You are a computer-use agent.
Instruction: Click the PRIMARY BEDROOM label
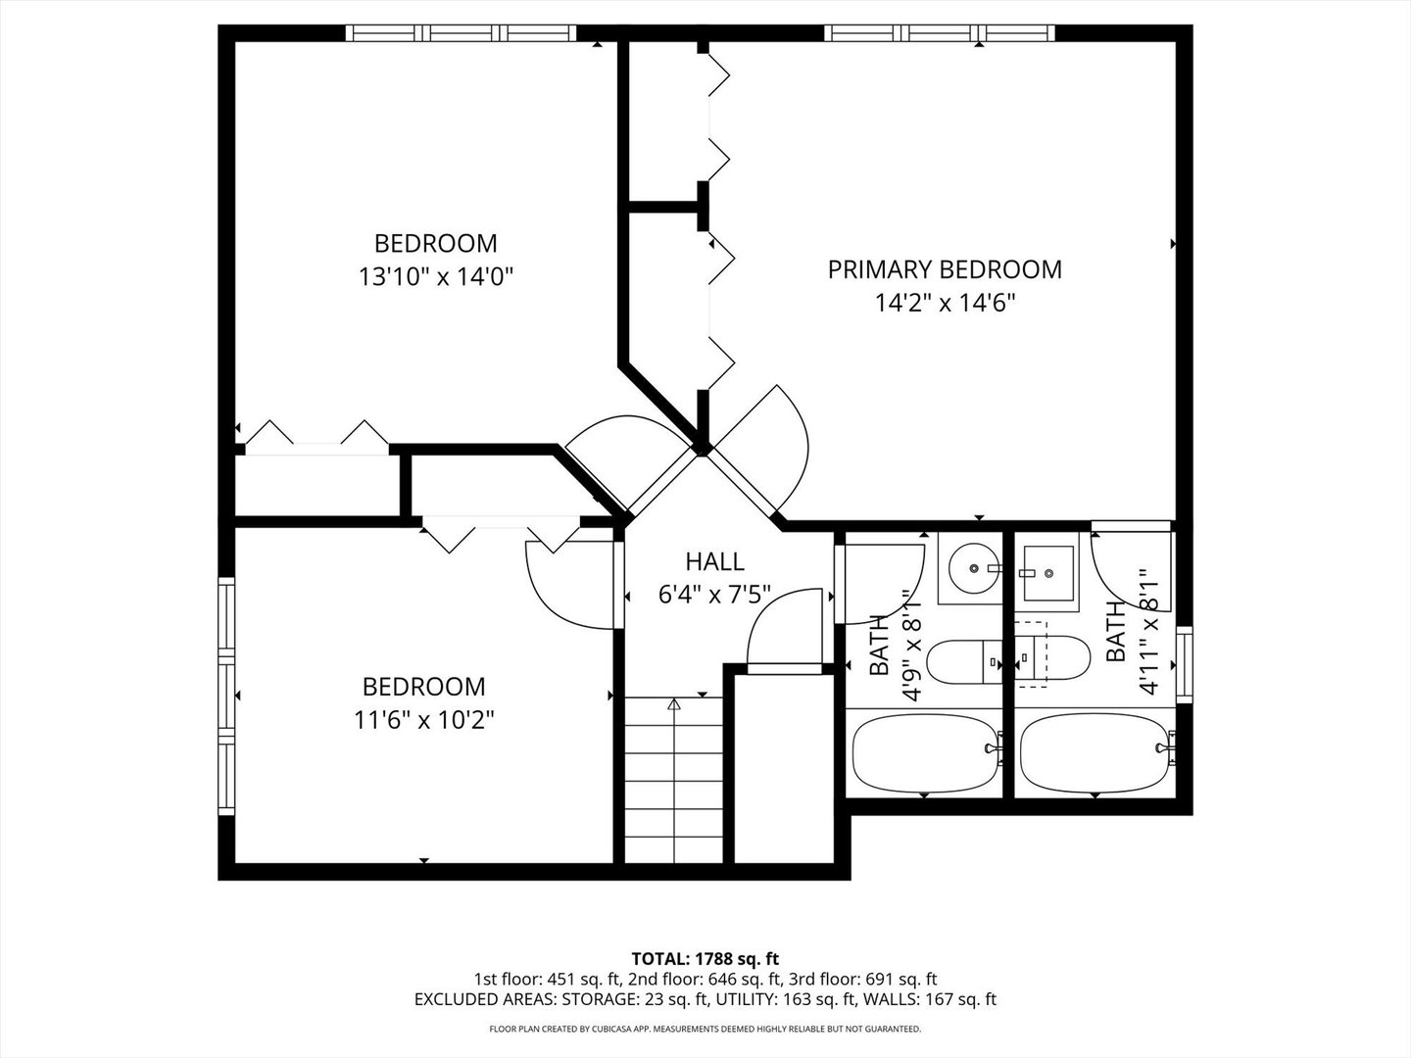944,269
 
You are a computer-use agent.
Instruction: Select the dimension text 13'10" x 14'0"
436,277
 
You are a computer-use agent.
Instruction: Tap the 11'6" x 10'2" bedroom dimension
423,720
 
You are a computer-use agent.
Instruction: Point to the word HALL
713,561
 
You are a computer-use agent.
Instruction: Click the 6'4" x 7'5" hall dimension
713,595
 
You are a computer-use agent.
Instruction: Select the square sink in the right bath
1046,571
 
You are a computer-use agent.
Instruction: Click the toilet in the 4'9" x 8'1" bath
964,661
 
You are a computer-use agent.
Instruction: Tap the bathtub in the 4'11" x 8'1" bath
1095,751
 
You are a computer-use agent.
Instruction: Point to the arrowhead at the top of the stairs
673,703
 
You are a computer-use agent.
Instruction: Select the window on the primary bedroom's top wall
939,33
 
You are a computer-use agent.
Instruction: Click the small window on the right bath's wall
1184,663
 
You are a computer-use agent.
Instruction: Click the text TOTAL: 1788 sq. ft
705,957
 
